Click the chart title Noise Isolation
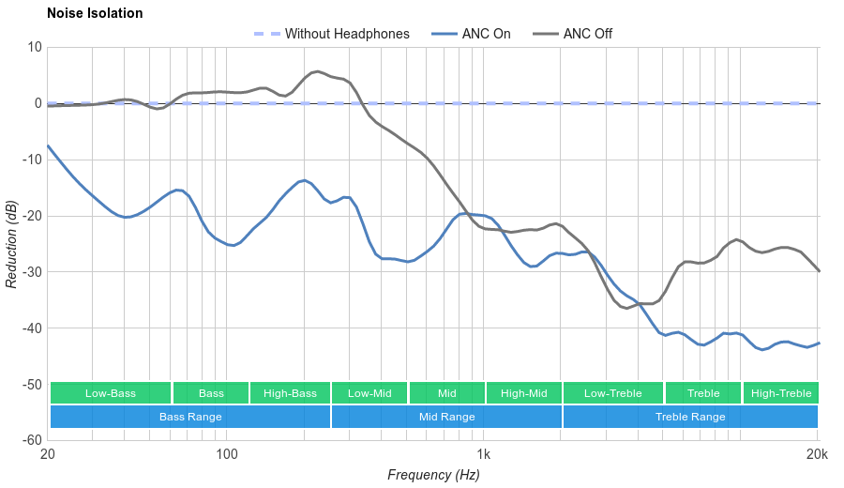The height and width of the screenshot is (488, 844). pyautogui.click(x=95, y=14)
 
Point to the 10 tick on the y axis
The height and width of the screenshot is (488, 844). pyautogui.click(x=34, y=47)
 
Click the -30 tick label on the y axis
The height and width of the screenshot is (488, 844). pyautogui.click(x=30, y=272)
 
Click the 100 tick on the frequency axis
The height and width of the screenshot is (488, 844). pyautogui.click(x=227, y=455)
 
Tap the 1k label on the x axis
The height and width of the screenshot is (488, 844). pyautogui.click(x=484, y=455)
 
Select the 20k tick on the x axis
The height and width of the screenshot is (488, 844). pyautogui.click(x=817, y=455)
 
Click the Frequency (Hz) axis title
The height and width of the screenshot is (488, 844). pyautogui.click(x=433, y=475)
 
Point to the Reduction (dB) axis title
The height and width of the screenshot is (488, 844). pyautogui.click(x=11, y=244)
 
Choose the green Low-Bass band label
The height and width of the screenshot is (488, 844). pyautogui.click(x=111, y=393)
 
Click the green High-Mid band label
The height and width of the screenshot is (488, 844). pyautogui.click(x=523, y=393)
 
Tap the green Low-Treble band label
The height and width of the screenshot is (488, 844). pyautogui.click(x=613, y=393)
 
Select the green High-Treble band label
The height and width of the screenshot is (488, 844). pyautogui.click(x=781, y=393)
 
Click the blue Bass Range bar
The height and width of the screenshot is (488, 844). pyautogui.click(x=190, y=417)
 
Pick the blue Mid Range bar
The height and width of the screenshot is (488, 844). pyautogui.click(x=446, y=417)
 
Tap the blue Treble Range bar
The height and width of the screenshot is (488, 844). pyautogui.click(x=690, y=417)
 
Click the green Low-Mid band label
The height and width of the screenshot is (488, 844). pyautogui.click(x=369, y=393)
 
